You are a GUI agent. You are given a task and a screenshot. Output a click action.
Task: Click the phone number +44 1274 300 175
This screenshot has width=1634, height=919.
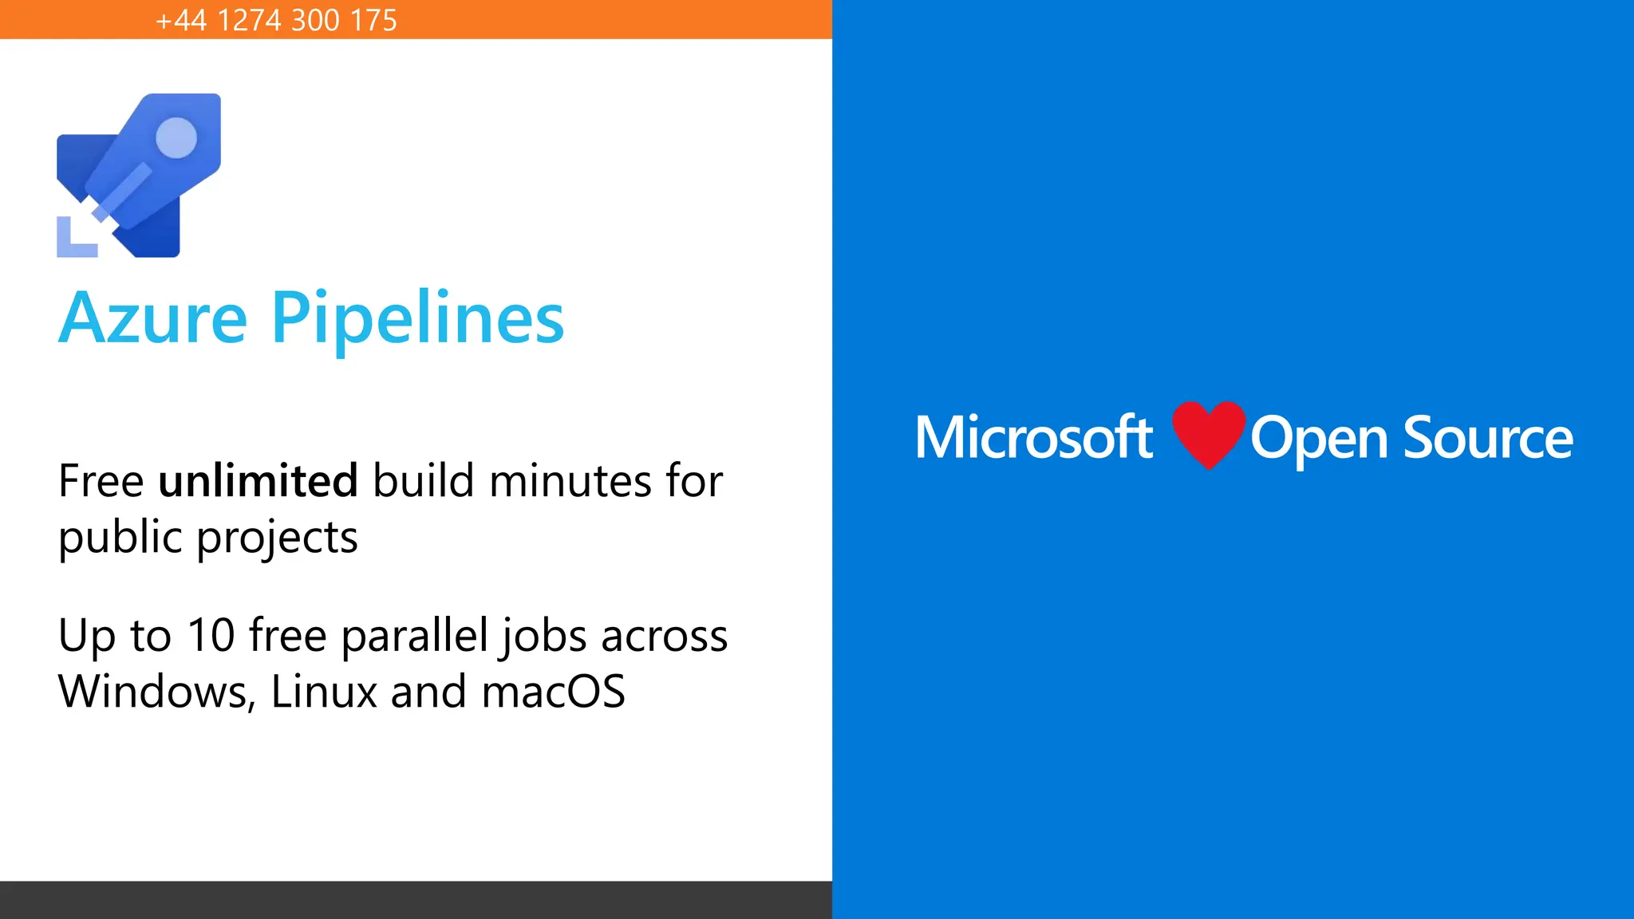point(276,20)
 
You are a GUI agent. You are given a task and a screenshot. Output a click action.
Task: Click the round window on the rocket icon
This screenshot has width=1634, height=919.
point(176,138)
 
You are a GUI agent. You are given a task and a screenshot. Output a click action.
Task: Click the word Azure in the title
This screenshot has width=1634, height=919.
point(153,319)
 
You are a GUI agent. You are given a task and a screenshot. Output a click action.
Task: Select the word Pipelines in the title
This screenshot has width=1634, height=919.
point(417,319)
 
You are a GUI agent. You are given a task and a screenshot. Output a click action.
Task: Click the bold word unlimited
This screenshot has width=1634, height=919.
point(258,481)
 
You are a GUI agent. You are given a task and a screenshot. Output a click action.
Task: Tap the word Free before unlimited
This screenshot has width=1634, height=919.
point(101,481)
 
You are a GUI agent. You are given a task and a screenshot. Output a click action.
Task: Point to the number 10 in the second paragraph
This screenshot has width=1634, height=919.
point(211,636)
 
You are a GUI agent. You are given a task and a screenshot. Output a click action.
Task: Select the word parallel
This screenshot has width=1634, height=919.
point(415,636)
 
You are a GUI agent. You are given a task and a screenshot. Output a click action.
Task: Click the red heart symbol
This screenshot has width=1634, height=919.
point(1208,433)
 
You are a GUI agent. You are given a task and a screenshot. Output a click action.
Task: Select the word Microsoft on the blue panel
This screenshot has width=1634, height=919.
point(1034,438)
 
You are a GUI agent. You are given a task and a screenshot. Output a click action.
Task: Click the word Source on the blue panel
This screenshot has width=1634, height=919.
point(1488,438)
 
